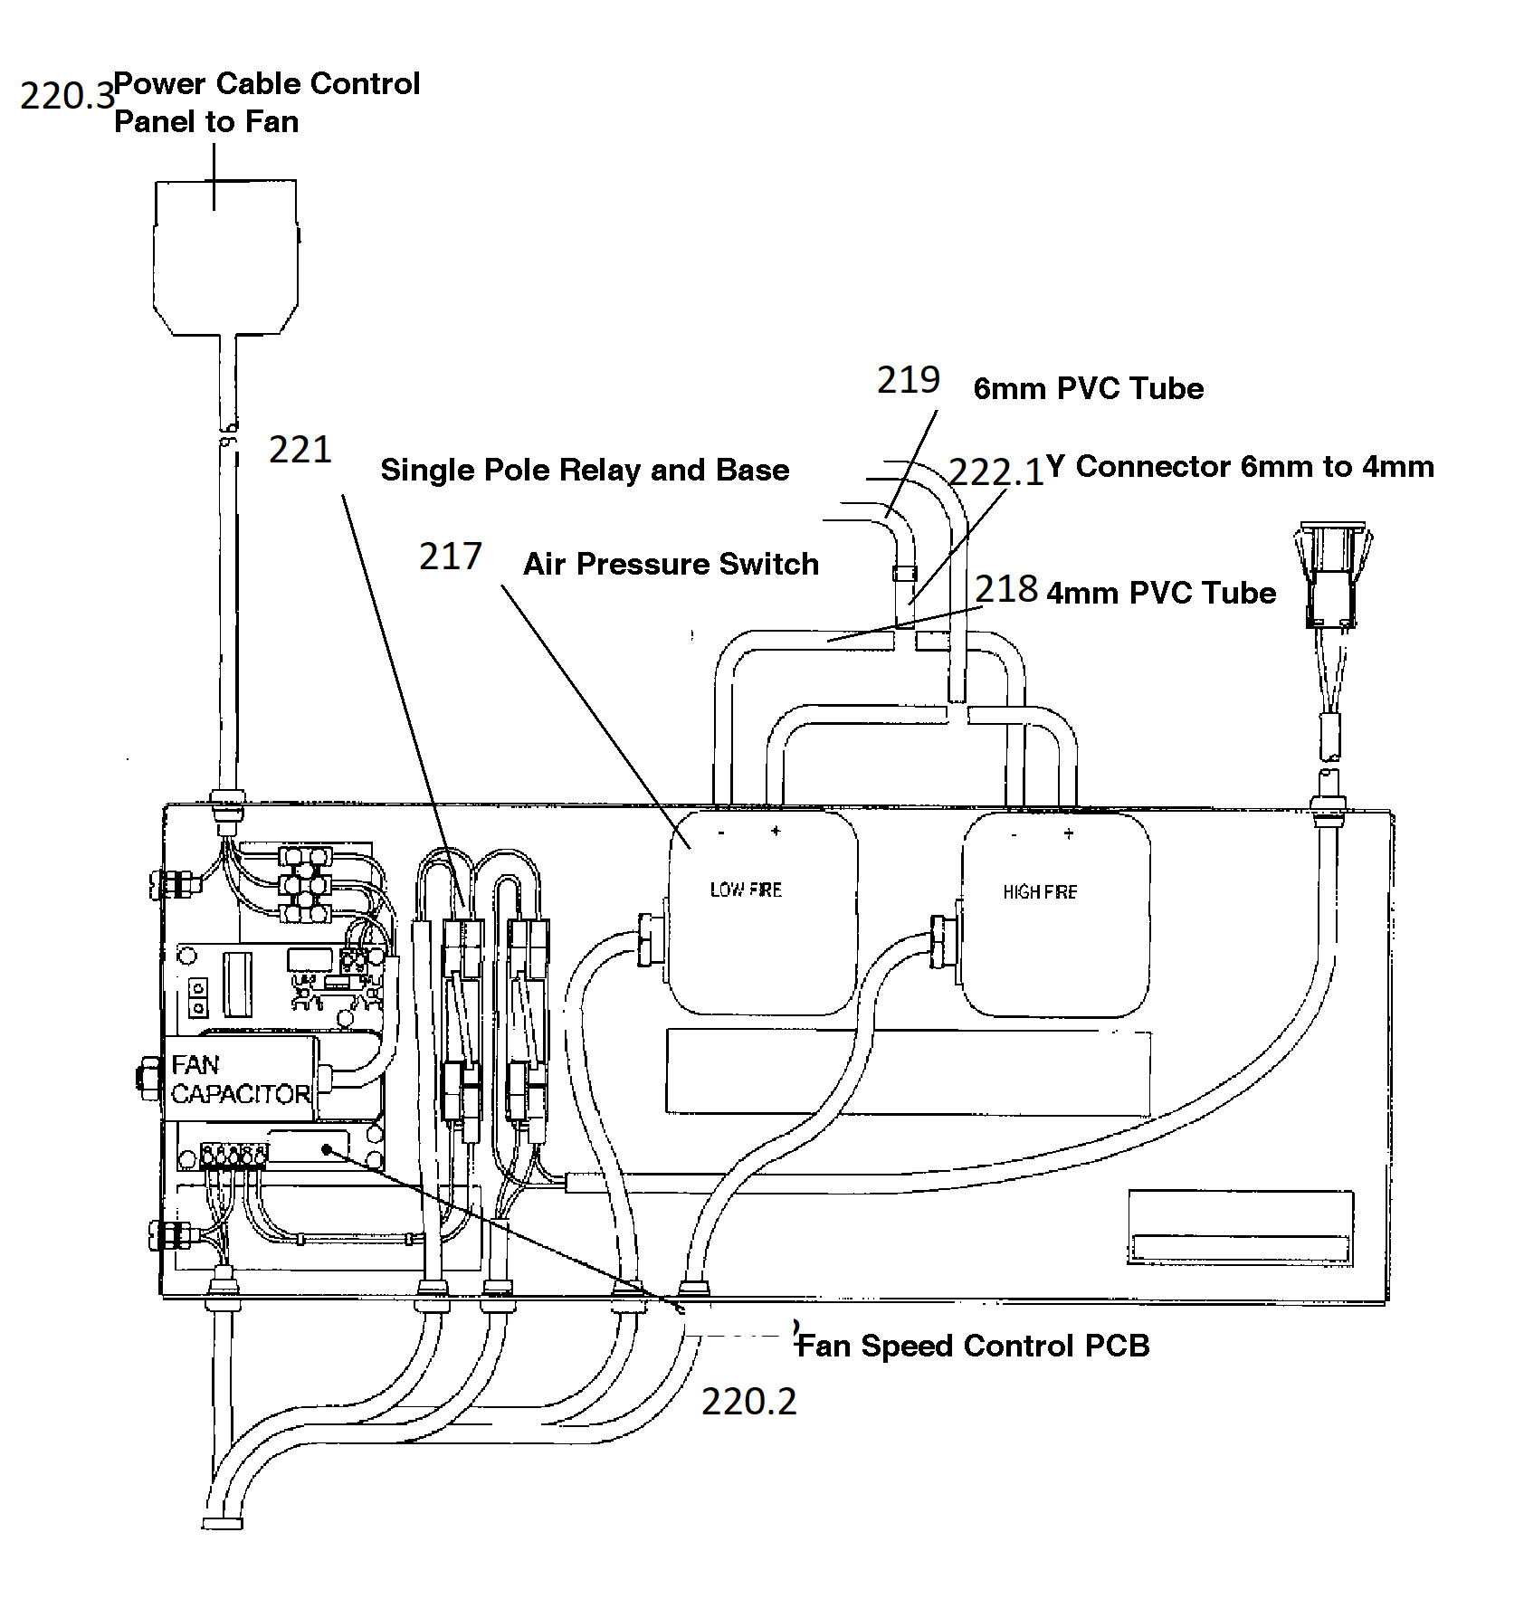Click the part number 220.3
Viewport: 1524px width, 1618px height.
click(x=67, y=95)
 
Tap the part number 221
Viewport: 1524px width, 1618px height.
click(x=300, y=449)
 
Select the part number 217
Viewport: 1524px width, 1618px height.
click(x=450, y=556)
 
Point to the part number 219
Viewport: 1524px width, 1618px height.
click(x=909, y=379)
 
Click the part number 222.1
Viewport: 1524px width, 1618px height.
click(x=996, y=472)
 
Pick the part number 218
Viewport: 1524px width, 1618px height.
click(x=1006, y=589)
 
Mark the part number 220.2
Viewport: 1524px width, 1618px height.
click(x=749, y=1402)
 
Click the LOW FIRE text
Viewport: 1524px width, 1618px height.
click(x=746, y=890)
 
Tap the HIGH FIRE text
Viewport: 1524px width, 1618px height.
click(x=1040, y=892)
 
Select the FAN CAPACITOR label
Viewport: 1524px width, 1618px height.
click(x=241, y=1080)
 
